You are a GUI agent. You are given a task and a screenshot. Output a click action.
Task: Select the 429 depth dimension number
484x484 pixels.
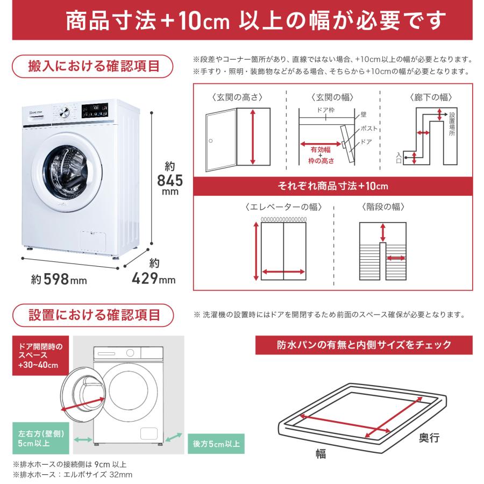(146, 279)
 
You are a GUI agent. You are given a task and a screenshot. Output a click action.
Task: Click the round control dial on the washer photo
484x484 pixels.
(65, 112)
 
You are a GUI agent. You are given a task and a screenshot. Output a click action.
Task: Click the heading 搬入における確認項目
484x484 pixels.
(94, 66)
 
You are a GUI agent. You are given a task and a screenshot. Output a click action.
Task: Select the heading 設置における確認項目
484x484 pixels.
(94, 314)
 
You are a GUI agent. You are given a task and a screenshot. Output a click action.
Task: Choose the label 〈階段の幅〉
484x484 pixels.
(382, 207)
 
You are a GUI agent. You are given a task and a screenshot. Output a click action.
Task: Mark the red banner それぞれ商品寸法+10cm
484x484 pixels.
(332, 186)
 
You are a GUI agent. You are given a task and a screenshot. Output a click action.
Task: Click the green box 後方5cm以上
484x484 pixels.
(216, 444)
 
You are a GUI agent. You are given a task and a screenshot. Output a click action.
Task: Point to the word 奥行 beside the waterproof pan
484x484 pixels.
(429, 438)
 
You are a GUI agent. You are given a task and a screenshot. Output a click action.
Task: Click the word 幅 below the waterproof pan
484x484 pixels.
(321, 453)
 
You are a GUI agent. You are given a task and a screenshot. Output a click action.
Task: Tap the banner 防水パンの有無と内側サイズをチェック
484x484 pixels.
(364, 345)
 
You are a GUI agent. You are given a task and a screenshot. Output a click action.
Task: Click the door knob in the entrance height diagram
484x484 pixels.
(211, 140)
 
